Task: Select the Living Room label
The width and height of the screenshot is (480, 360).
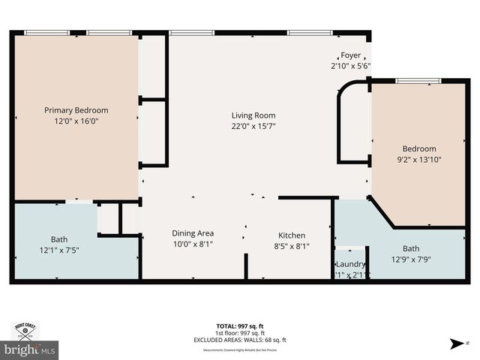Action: point(253,115)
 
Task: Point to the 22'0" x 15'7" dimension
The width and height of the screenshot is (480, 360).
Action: point(253,126)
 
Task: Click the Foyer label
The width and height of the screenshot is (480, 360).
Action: point(351,55)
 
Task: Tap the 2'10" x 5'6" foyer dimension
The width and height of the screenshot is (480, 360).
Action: point(351,66)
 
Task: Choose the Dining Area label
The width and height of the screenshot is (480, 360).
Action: point(193,233)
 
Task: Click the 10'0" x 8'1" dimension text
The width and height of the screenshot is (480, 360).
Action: point(193,244)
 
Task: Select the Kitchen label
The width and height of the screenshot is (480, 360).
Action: point(292,234)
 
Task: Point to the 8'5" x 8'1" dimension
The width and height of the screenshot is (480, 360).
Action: point(292,245)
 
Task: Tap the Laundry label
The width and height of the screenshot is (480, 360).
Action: point(349,264)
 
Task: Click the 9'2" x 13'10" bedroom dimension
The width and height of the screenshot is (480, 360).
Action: point(418,159)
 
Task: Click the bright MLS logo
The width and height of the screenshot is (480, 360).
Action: point(29,349)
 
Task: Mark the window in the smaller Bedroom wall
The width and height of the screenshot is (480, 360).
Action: point(418,81)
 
